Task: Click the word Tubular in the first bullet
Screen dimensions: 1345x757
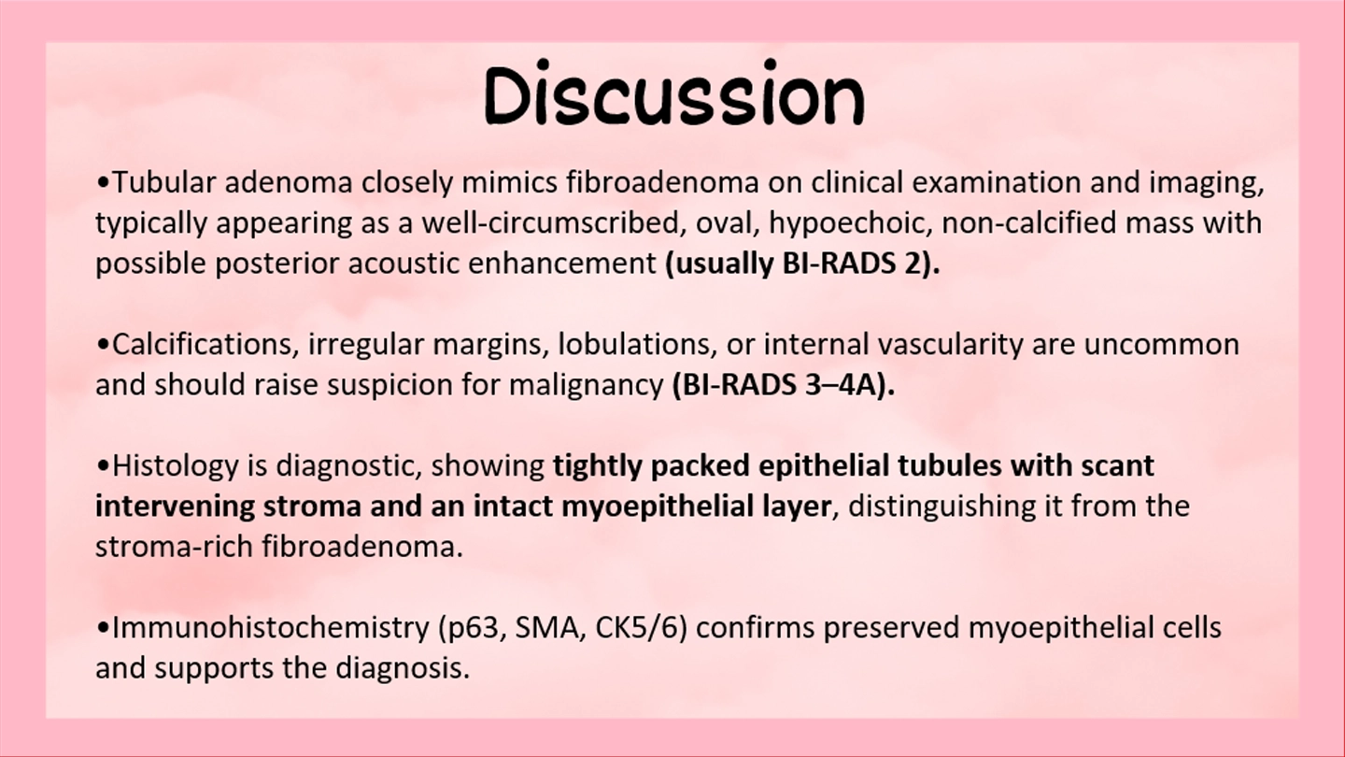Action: [164, 182]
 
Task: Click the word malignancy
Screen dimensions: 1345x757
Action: [586, 386]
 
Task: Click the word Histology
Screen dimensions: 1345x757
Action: [176, 466]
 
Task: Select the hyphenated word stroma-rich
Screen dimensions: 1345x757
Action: [174, 547]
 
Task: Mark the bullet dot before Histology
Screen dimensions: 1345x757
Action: [104, 467]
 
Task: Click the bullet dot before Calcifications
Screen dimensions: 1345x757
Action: [104, 346]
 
